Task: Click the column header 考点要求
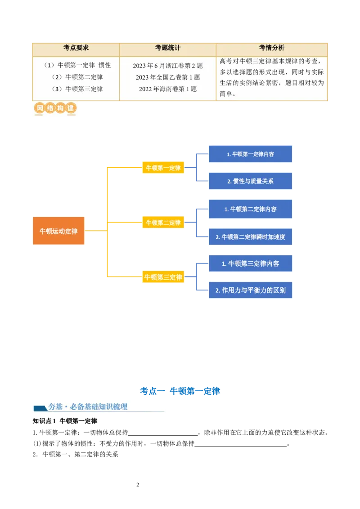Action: point(76,48)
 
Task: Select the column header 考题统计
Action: point(168,48)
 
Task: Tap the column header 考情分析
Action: point(272,48)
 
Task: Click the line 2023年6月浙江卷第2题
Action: point(168,66)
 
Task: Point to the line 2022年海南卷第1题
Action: point(168,89)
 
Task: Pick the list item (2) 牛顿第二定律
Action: point(77,77)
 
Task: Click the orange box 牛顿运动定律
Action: point(58,231)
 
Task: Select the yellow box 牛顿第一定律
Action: point(163,168)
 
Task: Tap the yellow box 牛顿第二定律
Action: point(163,223)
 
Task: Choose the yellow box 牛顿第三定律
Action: point(163,277)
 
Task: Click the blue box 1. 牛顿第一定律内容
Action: point(250,154)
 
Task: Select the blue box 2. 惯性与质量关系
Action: point(250,181)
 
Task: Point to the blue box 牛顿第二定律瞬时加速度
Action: point(250,237)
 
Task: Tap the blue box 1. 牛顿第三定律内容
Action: point(250,263)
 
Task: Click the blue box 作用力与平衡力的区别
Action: point(250,290)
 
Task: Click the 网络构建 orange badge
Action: point(55,108)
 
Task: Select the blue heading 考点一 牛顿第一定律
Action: point(180,391)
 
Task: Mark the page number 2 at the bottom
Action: point(138,485)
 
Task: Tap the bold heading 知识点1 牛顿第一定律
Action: point(65,421)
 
